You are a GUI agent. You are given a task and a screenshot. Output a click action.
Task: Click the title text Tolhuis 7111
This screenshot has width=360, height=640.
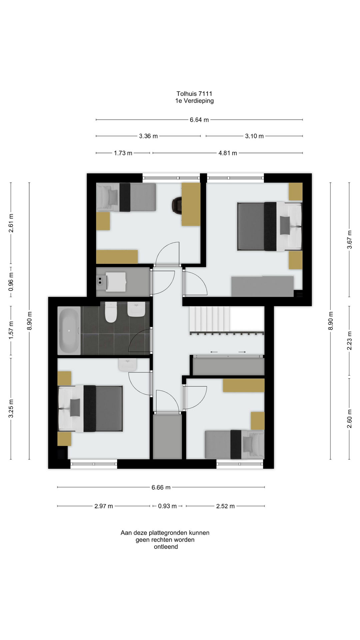[x=194, y=94]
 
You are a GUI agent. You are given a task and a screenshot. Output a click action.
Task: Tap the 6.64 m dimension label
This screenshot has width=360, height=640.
[x=199, y=120]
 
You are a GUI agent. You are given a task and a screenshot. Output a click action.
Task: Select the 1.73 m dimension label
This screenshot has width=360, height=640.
[x=123, y=153]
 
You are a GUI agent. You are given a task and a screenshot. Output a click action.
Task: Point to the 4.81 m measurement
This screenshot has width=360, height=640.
[x=228, y=153]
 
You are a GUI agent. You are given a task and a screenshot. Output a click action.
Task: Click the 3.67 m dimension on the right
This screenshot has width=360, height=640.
[x=349, y=239]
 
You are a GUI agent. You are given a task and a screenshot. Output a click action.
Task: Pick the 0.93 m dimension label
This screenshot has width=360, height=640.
[x=167, y=506]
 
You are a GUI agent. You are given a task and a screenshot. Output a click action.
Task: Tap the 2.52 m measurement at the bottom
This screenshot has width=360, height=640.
[x=225, y=506]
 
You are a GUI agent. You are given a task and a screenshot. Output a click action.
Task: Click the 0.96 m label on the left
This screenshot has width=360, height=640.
[x=11, y=282]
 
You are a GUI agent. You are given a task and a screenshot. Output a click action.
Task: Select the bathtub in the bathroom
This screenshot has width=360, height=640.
[x=69, y=331]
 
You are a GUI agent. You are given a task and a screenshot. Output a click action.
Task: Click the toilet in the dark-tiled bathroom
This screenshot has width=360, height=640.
[x=111, y=312]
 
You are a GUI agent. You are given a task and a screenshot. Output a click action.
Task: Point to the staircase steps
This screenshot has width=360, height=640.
[x=209, y=319]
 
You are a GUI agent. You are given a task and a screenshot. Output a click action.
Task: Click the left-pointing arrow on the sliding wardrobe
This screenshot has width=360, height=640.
[x=214, y=352]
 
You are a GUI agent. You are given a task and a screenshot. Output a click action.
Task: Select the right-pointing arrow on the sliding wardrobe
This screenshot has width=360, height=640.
[x=242, y=352]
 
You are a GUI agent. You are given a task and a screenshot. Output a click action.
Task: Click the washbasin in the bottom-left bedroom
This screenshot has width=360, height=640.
[x=128, y=365]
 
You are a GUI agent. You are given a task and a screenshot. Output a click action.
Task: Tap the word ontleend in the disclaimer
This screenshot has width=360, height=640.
[x=166, y=547]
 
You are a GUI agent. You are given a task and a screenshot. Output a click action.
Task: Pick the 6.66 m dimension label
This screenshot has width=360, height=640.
[x=161, y=487]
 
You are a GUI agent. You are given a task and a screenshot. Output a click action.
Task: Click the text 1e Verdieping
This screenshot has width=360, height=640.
[x=194, y=101]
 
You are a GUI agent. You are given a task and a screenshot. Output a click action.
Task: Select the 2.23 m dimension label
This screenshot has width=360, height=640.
[x=349, y=341]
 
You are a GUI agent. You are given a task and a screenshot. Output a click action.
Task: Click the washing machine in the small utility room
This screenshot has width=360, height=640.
[x=116, y=282]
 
